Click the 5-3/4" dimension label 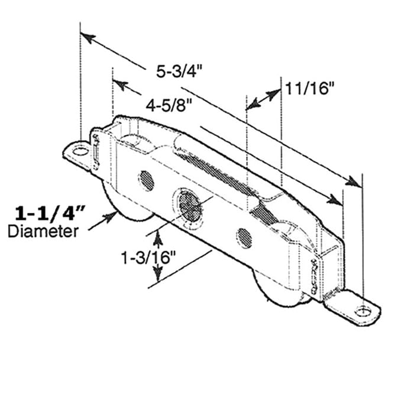179,72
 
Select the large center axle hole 188,205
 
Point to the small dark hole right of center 244,237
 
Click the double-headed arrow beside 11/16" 263,99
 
